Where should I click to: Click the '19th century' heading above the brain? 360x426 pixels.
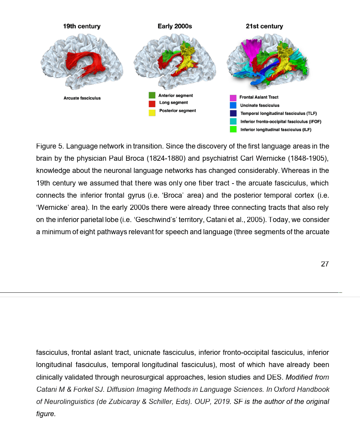click(82, 26)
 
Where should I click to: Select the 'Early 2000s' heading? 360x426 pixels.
click(174, 26)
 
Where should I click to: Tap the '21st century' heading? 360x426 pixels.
click(264, 26)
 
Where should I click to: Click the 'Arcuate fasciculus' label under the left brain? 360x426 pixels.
click(82, 98)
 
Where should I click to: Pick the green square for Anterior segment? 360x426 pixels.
click(152, 95)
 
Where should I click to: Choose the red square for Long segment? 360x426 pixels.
click(152, 104)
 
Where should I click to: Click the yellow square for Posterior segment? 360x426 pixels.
click(152, 112)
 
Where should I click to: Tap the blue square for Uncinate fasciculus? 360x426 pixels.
click(233, 105)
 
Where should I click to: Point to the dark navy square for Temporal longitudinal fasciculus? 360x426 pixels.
click(233, 113)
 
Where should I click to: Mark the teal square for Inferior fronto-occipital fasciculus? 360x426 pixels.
click(233, 121)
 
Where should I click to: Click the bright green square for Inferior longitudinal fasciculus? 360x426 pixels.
click(233, 129)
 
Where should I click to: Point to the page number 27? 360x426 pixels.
click(325, 264)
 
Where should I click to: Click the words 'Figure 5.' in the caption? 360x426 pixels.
click(50, 147)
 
